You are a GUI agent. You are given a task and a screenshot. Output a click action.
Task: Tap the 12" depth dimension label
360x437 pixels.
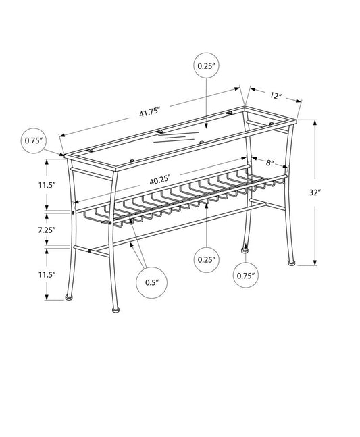[275, 96]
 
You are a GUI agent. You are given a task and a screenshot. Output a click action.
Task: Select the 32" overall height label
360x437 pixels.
[333, 192]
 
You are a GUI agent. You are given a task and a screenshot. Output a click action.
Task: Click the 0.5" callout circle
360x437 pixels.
[151, 283]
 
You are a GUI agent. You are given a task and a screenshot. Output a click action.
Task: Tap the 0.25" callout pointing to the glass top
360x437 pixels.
[206, 66]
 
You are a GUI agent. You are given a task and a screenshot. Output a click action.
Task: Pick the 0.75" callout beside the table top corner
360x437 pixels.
[34, 140]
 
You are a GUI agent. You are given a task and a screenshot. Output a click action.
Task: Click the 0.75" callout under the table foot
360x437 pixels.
[244, 276]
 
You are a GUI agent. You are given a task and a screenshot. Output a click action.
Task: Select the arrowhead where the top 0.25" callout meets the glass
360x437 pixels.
[206, 129]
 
